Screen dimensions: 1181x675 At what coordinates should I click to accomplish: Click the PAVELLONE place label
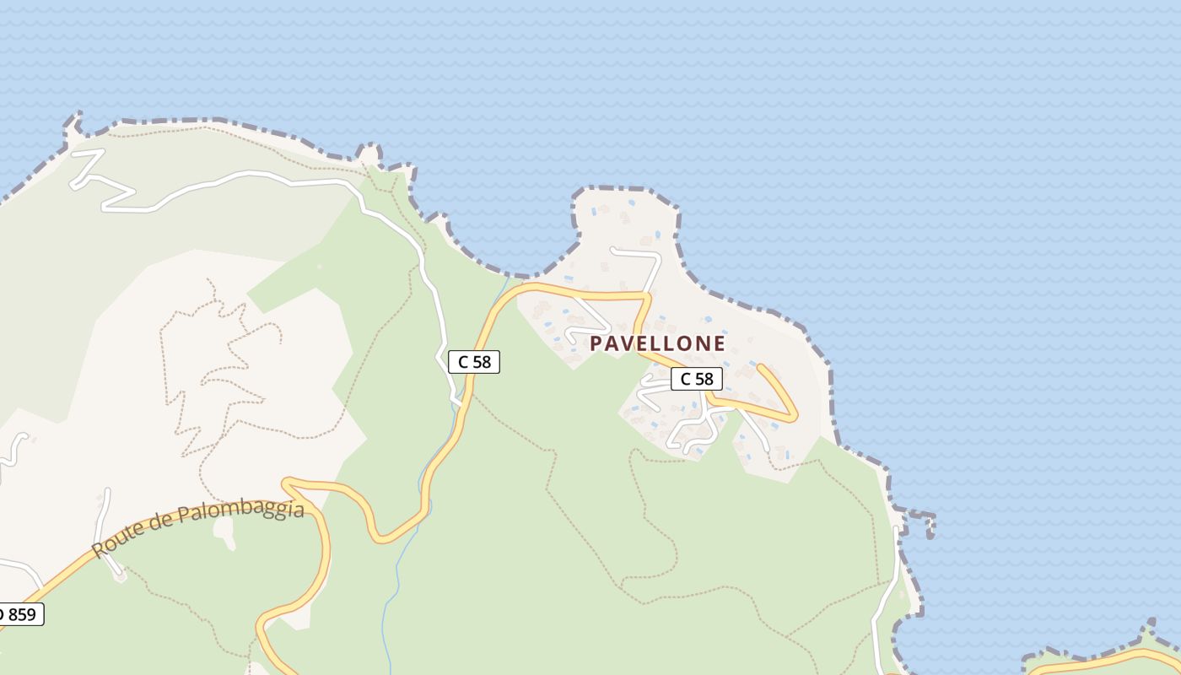(x=657, y=343)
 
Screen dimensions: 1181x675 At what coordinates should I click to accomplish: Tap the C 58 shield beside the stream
(x=473, y=362)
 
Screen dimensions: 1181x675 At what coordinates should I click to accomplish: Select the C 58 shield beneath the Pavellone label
(x=696, y=379)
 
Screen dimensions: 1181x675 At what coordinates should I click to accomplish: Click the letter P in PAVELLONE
(x=596, y=343)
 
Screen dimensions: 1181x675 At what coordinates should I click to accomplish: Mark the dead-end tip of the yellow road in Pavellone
(x=762, y=367)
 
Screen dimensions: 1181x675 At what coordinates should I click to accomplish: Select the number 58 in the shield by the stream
(x=482, y=362)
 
